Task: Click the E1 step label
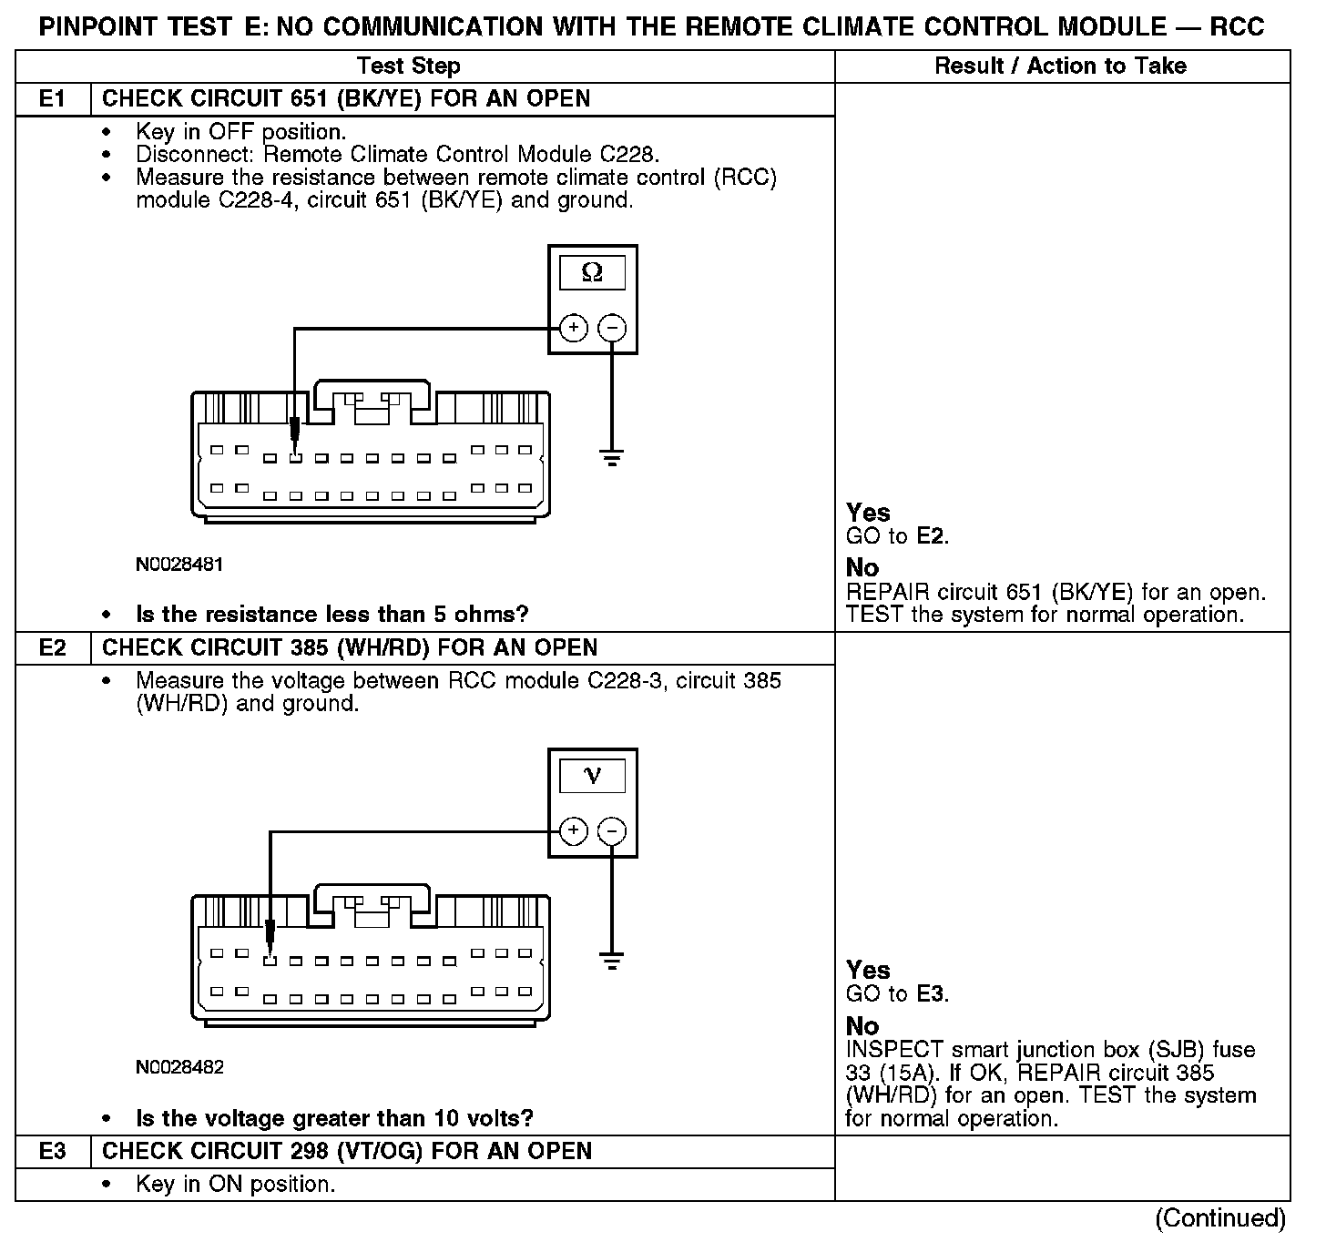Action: click(x=53, y=99)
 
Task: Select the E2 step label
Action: click(x=53, y=648)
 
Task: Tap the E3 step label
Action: click(x=53, y=1152)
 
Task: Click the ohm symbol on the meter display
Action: click(x=592, y=272)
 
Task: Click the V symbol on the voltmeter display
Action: click(x=592, y=776)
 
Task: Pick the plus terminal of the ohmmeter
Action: click(x=573, y=328)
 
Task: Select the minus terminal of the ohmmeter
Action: click(x=612, y=328)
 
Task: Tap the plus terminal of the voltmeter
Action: click(x=573, y=830)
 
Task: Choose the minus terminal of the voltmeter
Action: click(x=612, y=830)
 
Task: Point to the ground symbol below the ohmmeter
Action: click(x=612, y=457)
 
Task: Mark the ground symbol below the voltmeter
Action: click(x=612, y=960)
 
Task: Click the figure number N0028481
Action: click(x=179, y=565)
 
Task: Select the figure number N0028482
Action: click(x=179, y=1067)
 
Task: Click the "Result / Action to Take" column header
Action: click(x=1061, y=66)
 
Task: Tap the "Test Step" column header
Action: click(x=409, y=66)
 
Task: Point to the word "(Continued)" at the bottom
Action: click(x=1220, y=1218)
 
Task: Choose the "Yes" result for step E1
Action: click(x=868, y=513)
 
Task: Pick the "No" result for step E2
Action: click(x=862, y=1026)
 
